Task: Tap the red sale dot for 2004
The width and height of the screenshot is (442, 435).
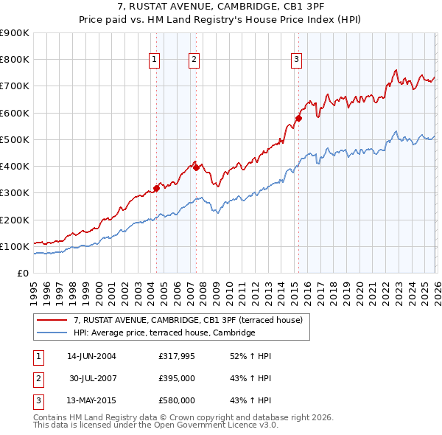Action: pos(157,188)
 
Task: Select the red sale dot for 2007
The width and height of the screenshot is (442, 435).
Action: pos(197,167)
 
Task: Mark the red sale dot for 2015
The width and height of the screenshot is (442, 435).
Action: pos(298,118)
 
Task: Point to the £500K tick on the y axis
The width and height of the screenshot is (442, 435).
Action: pos(15,139)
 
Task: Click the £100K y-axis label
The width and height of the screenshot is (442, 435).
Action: pos(15,246)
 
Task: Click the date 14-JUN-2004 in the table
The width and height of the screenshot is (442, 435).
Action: pos(91,356)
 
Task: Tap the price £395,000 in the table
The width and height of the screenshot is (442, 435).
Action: pos(177,378)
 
